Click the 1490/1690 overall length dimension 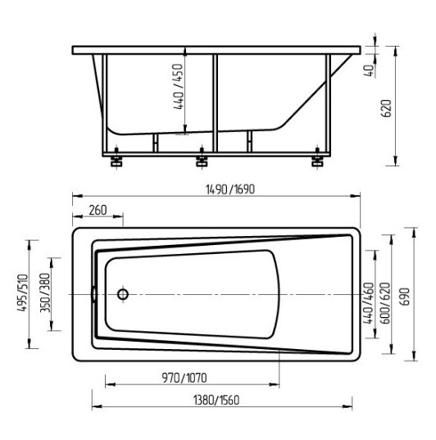point(230,189)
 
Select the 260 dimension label point(98,210)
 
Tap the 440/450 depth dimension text point(179,87)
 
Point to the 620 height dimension point(387,108)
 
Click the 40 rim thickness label point(370,70)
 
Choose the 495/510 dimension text point(23,293)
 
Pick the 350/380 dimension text point(45,293)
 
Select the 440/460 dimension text point(369,303)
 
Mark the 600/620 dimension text point(385,303)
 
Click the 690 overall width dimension point(406,297)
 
